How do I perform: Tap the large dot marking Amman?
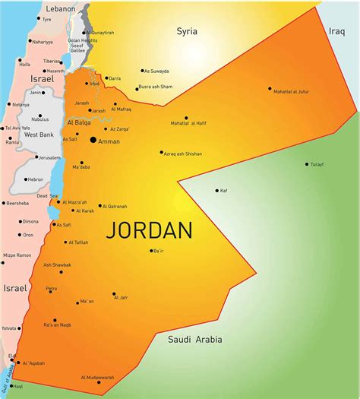pos(93,140)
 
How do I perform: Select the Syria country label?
pos(187,31)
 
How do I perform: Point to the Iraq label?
pos(337,31)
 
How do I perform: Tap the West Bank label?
pos(38,135)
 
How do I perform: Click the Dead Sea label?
pos(36,196)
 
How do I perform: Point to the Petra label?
pos(51,289)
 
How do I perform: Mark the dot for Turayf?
pos(307,164)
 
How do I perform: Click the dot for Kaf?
pos(216,191)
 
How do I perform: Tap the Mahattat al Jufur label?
pos(292,91)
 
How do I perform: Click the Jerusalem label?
pos(49,158)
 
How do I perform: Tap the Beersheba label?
pos(17,204)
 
